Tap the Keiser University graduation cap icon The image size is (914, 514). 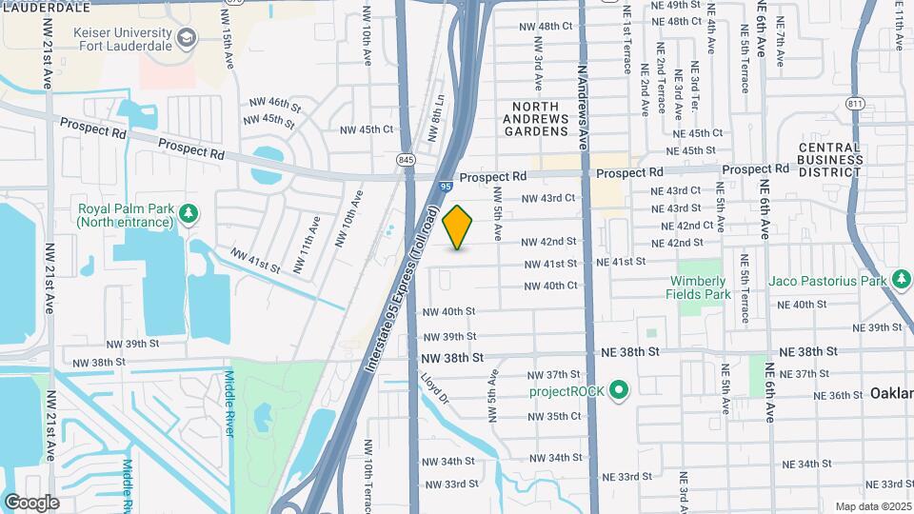coord(188,39)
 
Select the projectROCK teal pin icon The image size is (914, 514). coord(619,390)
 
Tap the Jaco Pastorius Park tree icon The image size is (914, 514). coord(902,280)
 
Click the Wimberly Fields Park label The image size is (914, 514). coord(699,287)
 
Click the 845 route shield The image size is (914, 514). coord(407,159)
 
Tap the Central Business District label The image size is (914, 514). coord(829,159)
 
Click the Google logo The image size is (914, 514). coord(31,502)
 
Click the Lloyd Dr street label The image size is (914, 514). coord(435,393)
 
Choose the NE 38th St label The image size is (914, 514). coord(630,351)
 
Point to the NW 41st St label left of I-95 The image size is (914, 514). coord(255,261)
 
